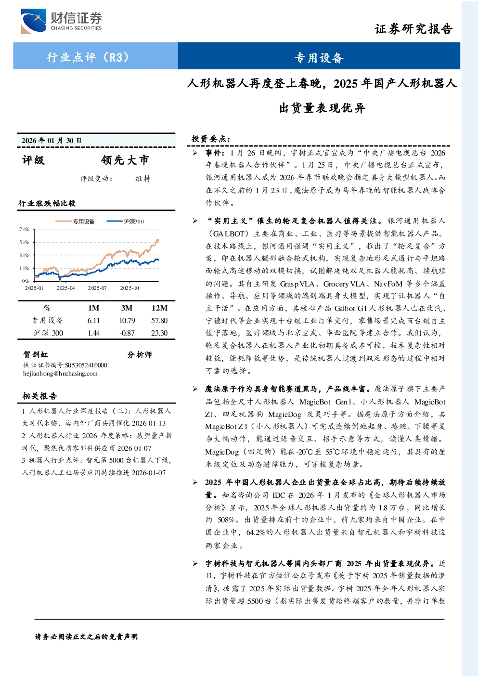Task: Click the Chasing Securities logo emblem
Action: pyautogui.click(x=34, y=21)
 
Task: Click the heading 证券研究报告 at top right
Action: pyautogui.click(x=413, y=29)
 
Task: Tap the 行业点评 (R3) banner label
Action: pyautogui.click(x=88, y=57)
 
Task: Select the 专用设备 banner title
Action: pyautogui.click(x=319, y=58)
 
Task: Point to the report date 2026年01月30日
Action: pyautogui.click(x=52, y=140)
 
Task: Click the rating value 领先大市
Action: pyautogui.click(x=125, y=160)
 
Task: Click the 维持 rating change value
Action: pyautogui.click(x=143, y=179)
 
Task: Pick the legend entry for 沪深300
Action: pyautogui.click(x=125, y=221)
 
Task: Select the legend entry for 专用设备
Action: pyautogui.click(x=75, y=221)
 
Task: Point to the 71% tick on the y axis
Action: pyautogui.click(x=24, y=229)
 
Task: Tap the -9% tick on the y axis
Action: pyautogui.click(x=25, y=281)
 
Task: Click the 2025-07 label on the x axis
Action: pyautogui.click(x=97, y=288)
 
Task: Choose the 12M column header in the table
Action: pyautogui.click(x=159, y=308)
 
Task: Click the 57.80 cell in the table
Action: pyautogui.click(x=159, y=321)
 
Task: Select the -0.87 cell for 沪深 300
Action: pyautogui.click(x=127, y=333)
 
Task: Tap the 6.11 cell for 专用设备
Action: pyautogui.click(x=93, y=321)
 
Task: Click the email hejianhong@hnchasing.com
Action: pyautogui.click(x=60, y=374)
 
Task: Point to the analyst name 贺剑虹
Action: pyautogui.click(x=36, y=354)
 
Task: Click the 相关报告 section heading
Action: pyautogui.click(x=39, y=396)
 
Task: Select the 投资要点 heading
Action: pyautogui.click(x=211, y=139)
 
